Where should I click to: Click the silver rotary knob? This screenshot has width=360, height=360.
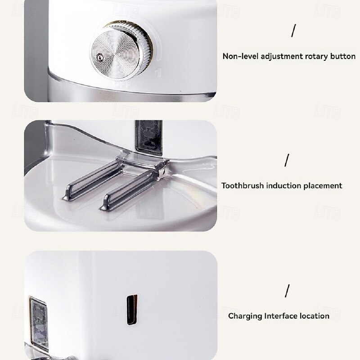pyautogui.click(x=121, y=51)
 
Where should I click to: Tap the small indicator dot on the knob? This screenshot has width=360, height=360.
pyautogui.click(x=100, y=58)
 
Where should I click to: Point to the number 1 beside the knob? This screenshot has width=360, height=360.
pyautogui.click(x=158, y=72)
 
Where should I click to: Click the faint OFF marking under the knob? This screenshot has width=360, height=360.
pyautogui.click(x=122, y=85)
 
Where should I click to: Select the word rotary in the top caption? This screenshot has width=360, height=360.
pyautogui.click(x=317, y=57)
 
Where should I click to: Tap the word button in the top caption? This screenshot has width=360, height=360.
pyautogui.click(x=343, y=56)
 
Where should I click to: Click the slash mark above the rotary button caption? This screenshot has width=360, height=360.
pyautogui.click(x=293, y=31)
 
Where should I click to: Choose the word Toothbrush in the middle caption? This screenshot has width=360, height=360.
pyautogui.click(x=243, y=185)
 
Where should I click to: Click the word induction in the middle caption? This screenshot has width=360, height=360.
pyautogui.click(x=283, y=185)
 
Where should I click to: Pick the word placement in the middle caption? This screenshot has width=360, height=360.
pyautogui.click(x=323, y=186)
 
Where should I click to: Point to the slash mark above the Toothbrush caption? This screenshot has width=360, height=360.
pyautogui.click(x=287, y=160)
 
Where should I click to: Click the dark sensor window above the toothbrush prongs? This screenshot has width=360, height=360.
pyautogui.click(x=149, y=137)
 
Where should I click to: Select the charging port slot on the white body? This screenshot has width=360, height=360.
pyautogui.click(x=132, y=310)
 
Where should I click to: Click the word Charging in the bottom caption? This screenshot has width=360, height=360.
pyautogui.click(x=245, y=316)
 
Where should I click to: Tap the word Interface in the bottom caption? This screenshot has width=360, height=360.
pyautogui.click(x=281, y=316)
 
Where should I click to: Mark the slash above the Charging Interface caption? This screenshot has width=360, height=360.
pyautogui.click(x=287, y=291)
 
